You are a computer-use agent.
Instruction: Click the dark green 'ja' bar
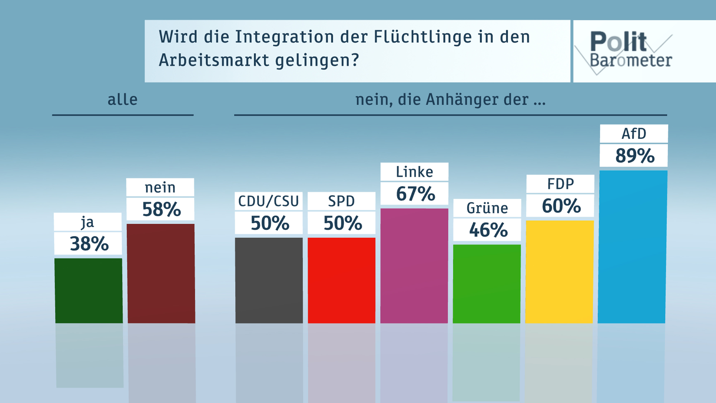89,291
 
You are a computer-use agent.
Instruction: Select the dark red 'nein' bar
161,273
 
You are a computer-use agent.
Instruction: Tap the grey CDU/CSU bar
269,280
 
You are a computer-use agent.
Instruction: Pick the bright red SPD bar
342,280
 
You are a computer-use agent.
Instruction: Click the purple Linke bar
414,266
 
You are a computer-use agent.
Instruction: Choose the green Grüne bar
487,284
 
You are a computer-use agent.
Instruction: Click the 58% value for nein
161,209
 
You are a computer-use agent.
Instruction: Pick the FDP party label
560,184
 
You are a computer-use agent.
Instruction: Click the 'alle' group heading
123,100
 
